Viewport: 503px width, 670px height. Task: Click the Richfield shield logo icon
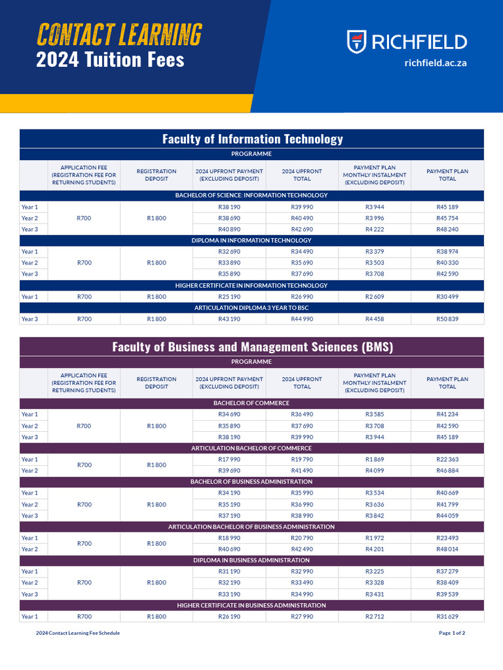click(x=356, y=42)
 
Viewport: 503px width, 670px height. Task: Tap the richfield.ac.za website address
click(x=436, y=63)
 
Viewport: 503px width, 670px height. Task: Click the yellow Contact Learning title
click(x=119, y=34)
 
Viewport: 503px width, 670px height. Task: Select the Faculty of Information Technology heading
click(x=252, y=139)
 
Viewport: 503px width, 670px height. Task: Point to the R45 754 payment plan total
click(x=447, y=218)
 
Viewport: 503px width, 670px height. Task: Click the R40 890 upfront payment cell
click(x=229, y=229)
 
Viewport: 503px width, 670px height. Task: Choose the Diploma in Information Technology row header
click(x=251, y=240)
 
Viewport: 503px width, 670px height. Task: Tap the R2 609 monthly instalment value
click(x=375, y=296)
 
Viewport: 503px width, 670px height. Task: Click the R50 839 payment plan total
click(x=447, y=319)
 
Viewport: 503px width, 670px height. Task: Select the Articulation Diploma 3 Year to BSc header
click(x=251, y=308)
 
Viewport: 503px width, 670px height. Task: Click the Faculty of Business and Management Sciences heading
click(x=252, y=347)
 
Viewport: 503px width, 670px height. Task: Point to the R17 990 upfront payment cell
click(x=229, y=459)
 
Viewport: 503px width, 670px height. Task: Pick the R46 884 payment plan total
click(x=447, y=470)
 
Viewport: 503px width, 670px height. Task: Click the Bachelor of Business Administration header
click(x=251, y=482)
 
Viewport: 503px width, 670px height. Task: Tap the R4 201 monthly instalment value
click(x=375, y=549)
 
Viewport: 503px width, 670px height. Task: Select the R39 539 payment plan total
click(x=447, y=594)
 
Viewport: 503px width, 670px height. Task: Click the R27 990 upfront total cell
click(x=302, y=616)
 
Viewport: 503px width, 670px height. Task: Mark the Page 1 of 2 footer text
click(x=452, y=633)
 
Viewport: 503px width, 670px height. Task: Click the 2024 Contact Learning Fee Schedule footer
click(x=78, y=633)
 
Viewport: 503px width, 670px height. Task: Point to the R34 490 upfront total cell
click(x=302, y=251)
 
